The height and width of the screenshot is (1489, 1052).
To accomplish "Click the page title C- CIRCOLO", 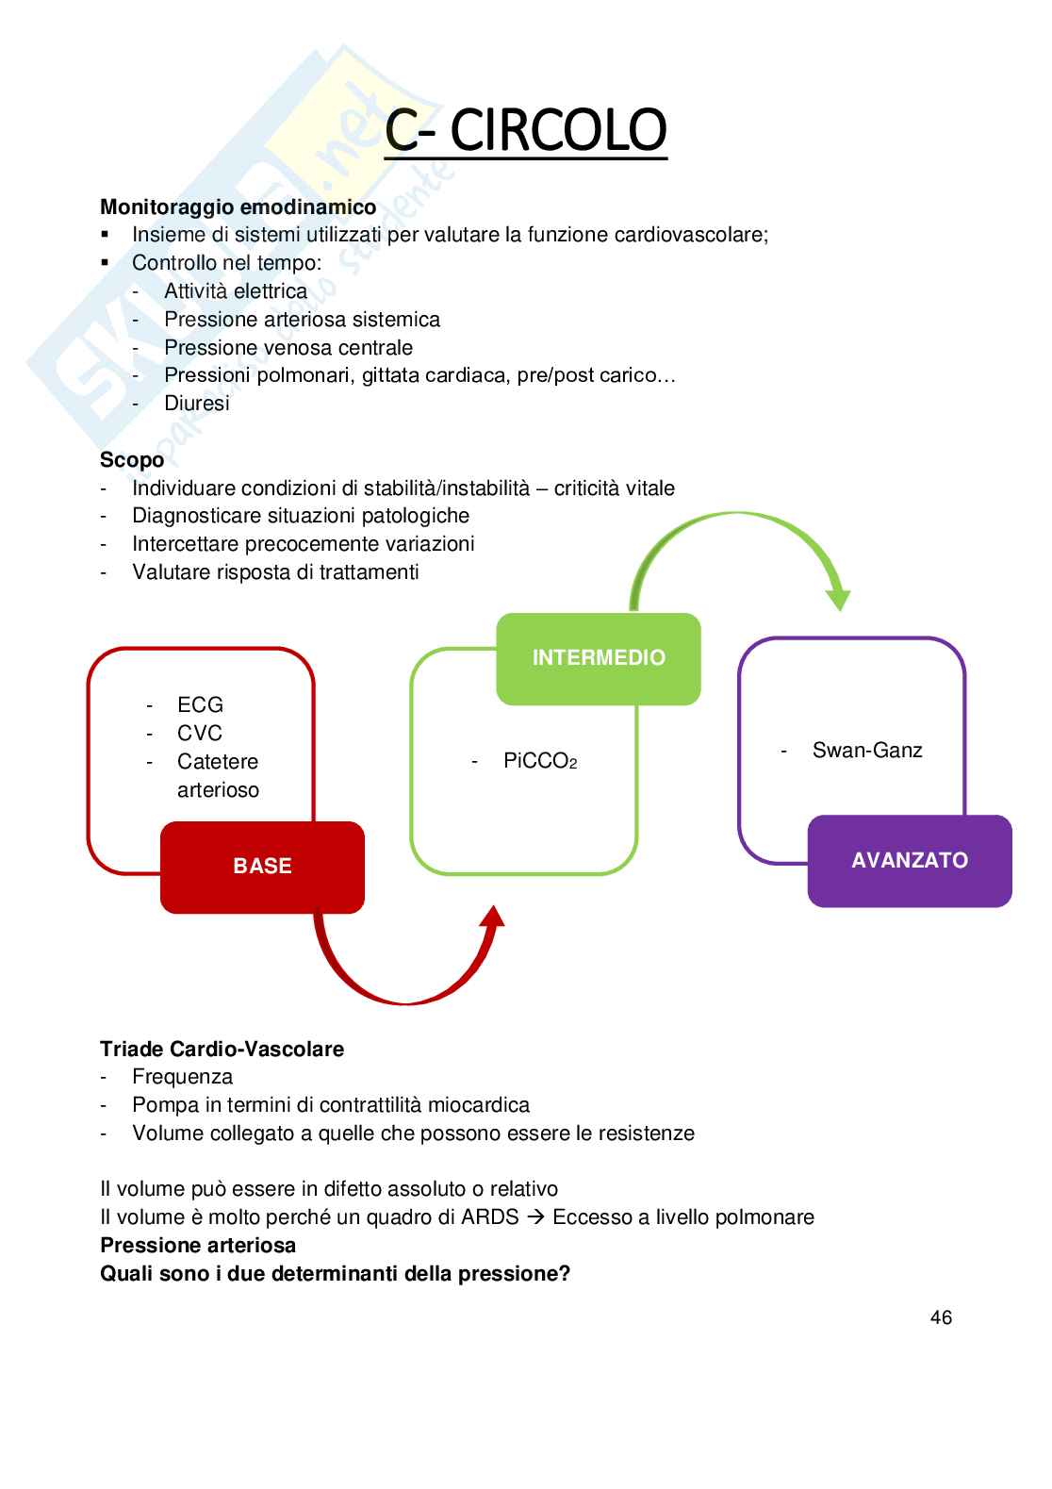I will coord(526,130).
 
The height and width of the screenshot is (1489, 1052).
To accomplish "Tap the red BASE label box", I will coord(262,867).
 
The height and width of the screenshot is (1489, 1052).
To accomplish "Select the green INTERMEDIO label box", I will coord(599,658).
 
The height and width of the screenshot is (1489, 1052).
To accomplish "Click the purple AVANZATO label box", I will coord(910,861).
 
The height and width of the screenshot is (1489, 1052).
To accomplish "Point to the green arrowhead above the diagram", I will coord(838,599).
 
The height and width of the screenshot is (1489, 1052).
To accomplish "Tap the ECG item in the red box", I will coord(200,705).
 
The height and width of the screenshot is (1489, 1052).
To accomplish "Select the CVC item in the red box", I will coord(200,734).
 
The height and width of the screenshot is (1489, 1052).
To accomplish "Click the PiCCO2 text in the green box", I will coord(539,762).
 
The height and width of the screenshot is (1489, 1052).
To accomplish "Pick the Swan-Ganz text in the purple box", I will coord(867,751).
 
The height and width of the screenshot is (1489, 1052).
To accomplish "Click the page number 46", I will coord(941,1318).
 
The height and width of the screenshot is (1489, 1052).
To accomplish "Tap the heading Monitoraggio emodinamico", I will coord(238,207).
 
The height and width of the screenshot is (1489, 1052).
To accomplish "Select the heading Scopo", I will coord(132,460).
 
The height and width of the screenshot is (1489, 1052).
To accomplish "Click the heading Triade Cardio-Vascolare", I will coord(222,1050).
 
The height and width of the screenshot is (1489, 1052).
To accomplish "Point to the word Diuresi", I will coord(196,404).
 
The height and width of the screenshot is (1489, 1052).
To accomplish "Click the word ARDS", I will coord(490,1217).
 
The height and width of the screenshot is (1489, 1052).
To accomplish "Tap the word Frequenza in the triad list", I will coord(182,1077).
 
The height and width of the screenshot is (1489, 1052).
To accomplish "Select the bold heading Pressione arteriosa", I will coord(198,1246).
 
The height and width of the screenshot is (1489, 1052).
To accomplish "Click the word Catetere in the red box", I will coord(217,762).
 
